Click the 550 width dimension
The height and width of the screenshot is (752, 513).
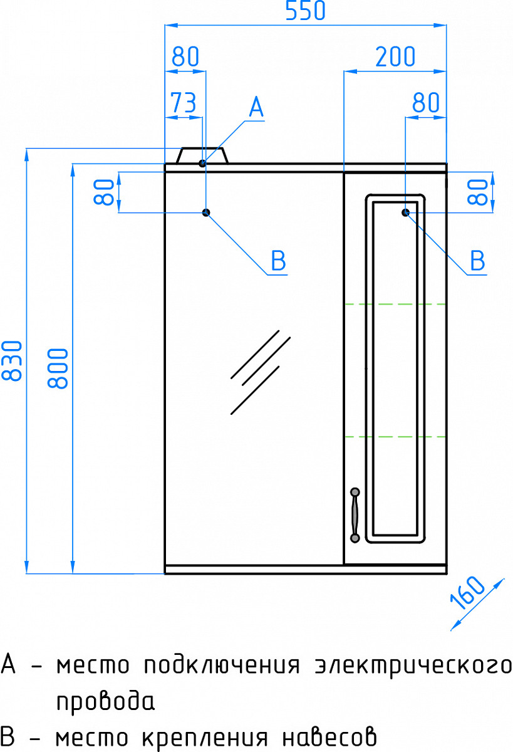pos(305,11)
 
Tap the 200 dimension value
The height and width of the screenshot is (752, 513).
pos(395,57)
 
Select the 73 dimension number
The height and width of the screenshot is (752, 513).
pos(184,102)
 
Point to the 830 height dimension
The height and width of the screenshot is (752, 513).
pos(12,360)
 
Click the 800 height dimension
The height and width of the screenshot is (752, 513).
pos(58,368)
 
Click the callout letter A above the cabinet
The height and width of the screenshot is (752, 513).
pos(256,107)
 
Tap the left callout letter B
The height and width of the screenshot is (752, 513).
pos(279,261)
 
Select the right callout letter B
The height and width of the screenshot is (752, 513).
pos(478,261)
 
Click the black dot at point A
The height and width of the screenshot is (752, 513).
pos(202,164)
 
